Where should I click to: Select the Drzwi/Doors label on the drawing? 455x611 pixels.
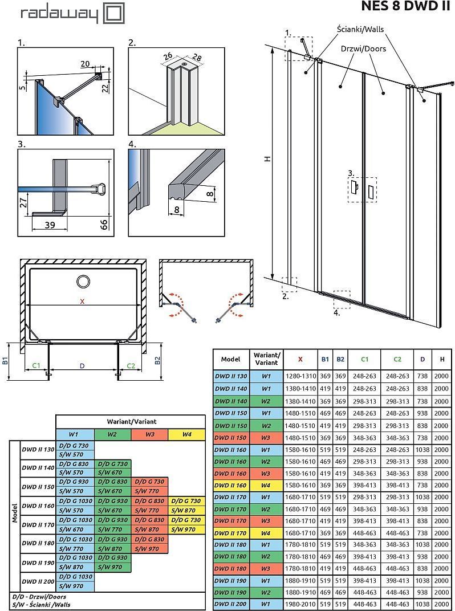coord(363,48)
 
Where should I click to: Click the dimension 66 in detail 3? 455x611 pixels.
coord(104,223)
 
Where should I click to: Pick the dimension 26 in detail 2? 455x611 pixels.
coord(168,56)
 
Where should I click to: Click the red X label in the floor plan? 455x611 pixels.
coord(82,302)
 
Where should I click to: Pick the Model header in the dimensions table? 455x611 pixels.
coord(230,359)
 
